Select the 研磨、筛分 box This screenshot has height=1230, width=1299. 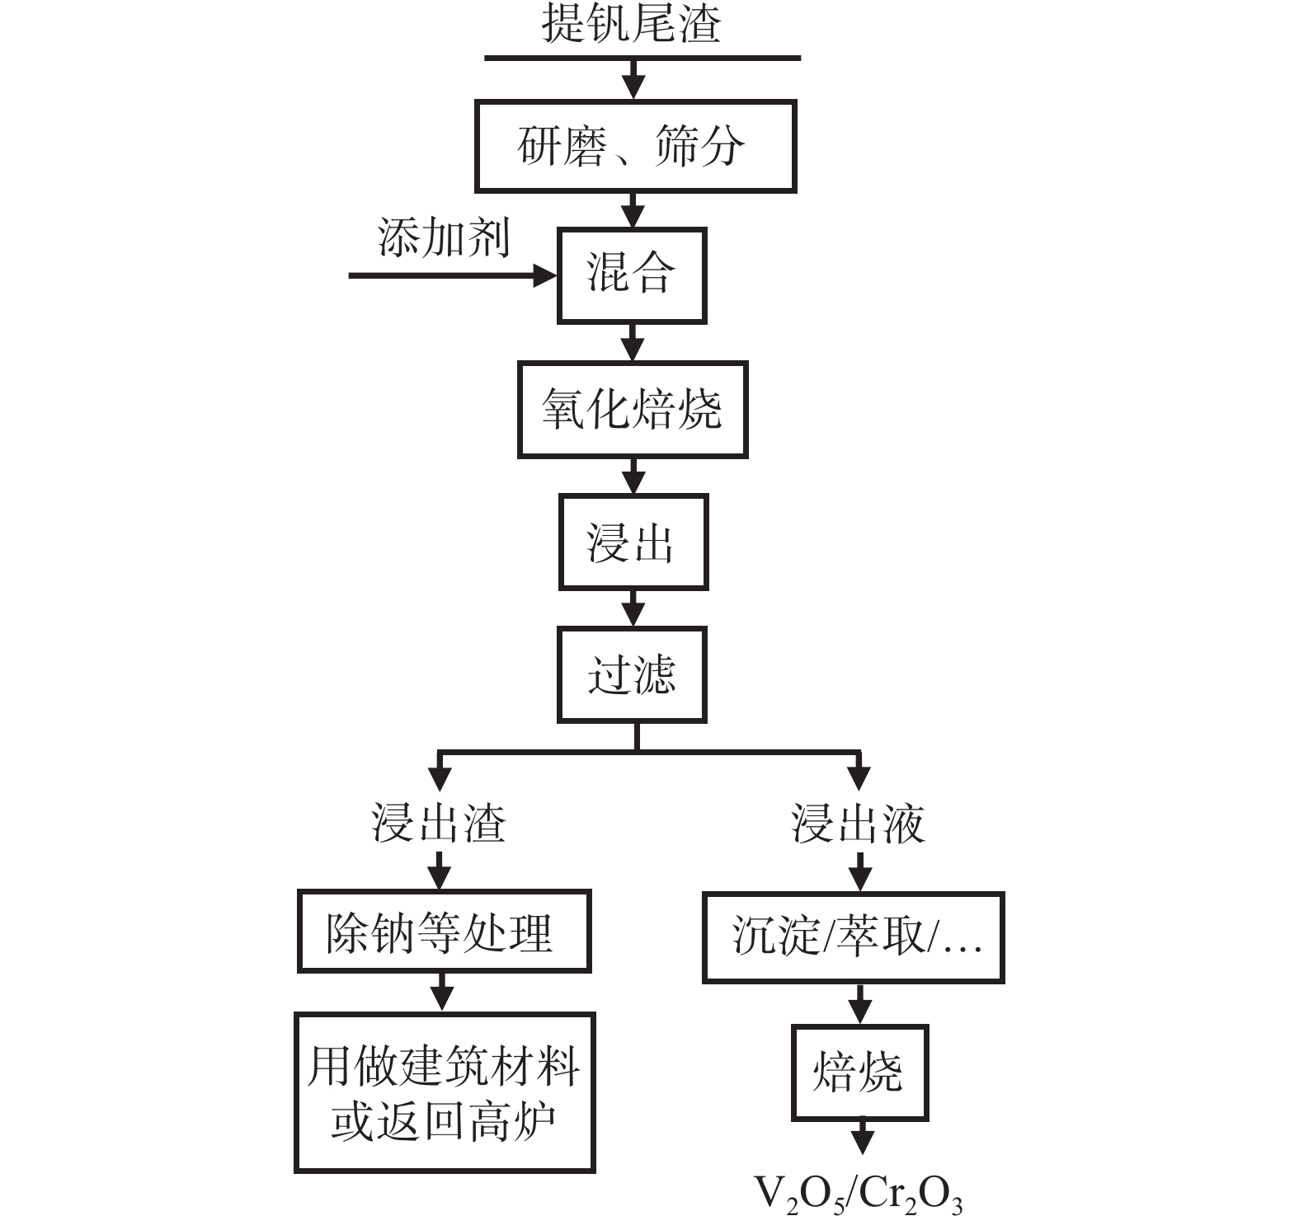pos(635,147)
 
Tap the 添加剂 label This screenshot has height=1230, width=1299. pos(444,238)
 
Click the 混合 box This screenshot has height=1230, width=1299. pos(632,275)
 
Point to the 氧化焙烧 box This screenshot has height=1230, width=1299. pos(633,410)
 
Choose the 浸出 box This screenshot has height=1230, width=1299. pos(633,542)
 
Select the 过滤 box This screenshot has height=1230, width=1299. pos(632,675)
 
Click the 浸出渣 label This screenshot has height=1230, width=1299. pos(439,823)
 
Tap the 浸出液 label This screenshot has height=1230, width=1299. pos(859,823)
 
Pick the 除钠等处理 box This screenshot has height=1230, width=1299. pos(444,932)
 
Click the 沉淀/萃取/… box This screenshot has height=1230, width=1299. pos(854,937)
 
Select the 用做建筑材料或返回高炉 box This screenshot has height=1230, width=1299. pos(445,1092)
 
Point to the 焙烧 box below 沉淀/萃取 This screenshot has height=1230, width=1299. pos(859,1073)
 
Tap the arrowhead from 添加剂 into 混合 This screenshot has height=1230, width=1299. pos(546,275)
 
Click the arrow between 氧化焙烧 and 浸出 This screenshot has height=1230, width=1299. pos(633,477)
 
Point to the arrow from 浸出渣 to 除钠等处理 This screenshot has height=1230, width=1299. pos(440,870)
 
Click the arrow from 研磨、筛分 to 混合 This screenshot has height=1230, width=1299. pos(633,211)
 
